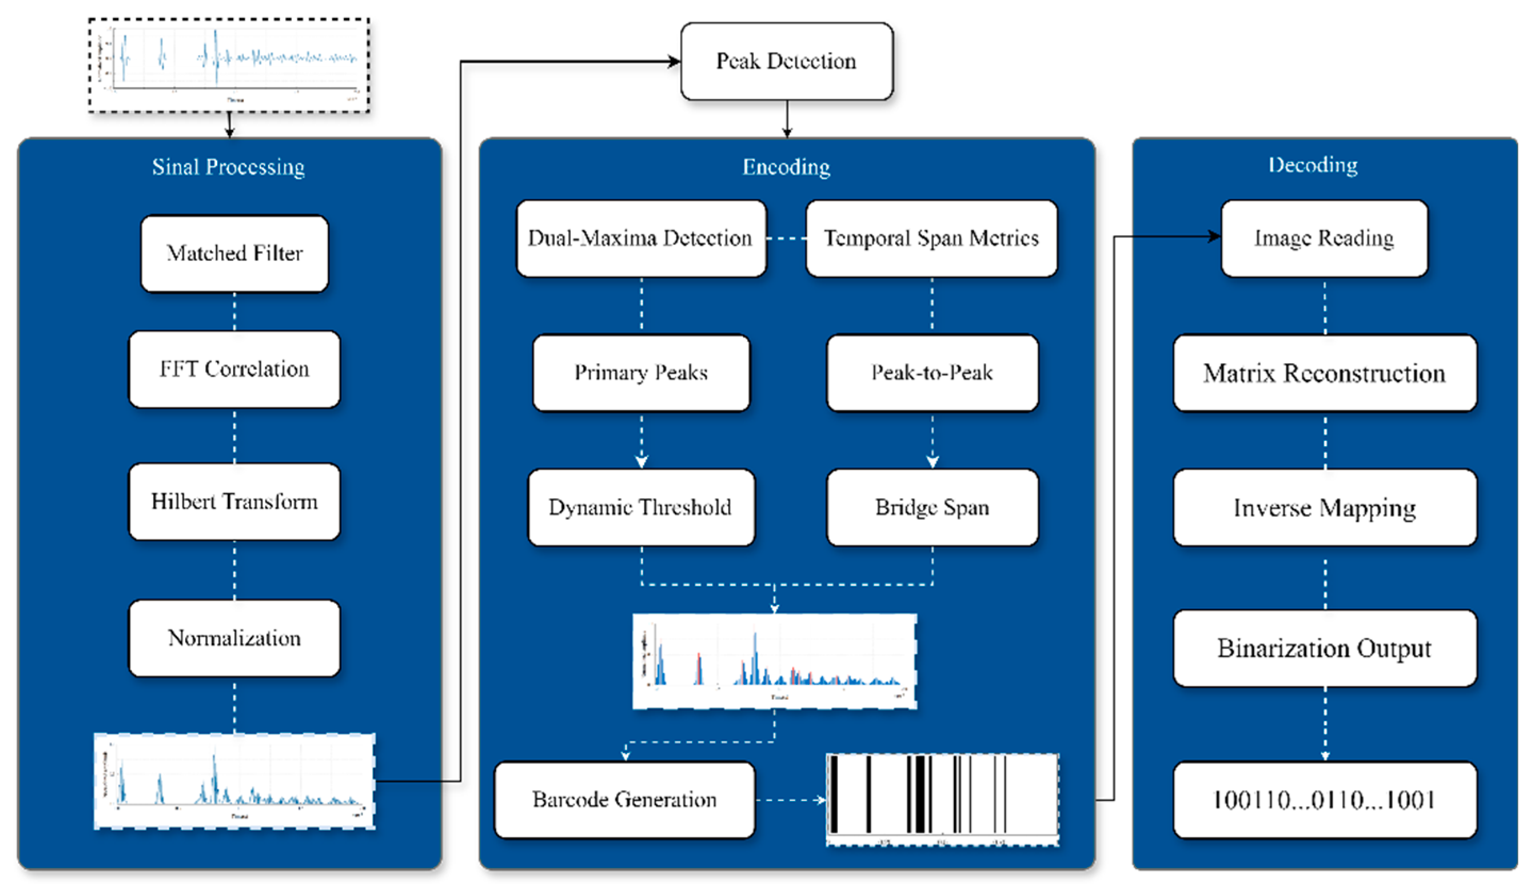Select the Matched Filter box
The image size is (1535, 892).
click(x=235, y=253)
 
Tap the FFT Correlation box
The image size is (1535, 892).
click(x=235, y=369)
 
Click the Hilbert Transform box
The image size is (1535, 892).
click(x=235, y=502)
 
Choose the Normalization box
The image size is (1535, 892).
click(x=235, y=638)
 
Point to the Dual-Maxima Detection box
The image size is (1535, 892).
click(x=641, y=238)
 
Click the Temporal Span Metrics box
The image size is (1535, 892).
click(x=931, y=238)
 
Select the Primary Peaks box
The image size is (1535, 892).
click(x=641, y=372)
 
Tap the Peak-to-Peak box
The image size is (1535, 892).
click(x=932, y=372)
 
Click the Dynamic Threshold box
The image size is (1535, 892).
click(x=641, y=507)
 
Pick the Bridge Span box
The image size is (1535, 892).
click(x=932, y=507)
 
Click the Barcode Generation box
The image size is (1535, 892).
click(x=624, y=799)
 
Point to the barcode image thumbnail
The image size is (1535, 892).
click(x=942, y=799)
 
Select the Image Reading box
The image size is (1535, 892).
click(x=1324, y=238)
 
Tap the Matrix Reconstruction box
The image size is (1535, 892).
click(x=1325, y=373)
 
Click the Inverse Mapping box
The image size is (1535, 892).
click(x=1325, y=507)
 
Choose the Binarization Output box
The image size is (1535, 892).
click(x=1325, y=648)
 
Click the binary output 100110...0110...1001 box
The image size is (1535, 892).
click(x=1325, y=799)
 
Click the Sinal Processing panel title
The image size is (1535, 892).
click(x=228, y=167)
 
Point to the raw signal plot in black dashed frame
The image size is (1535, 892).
click(x=229, y=64)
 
